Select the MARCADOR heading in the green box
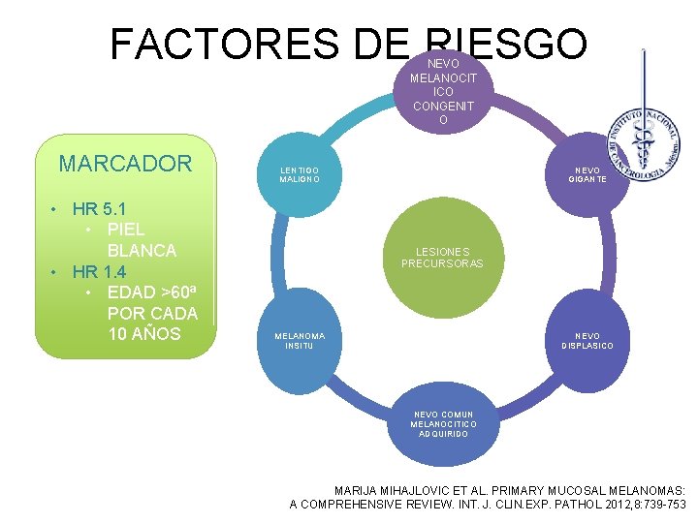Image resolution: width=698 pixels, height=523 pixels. pyautogui.click(x=125, y=163)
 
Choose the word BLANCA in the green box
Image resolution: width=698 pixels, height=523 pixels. pyautogui.click(x=142, y=250)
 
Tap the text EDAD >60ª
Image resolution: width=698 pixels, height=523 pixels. pyautogui.click(x=151, y=292)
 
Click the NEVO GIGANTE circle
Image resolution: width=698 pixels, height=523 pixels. pyautogui.click(x=587, y=173)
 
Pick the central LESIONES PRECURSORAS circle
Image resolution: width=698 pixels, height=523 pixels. pyautogui.click(x=442, y=258)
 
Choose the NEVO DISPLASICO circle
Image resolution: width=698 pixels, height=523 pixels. pyautogui.click(x=587, y=341)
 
